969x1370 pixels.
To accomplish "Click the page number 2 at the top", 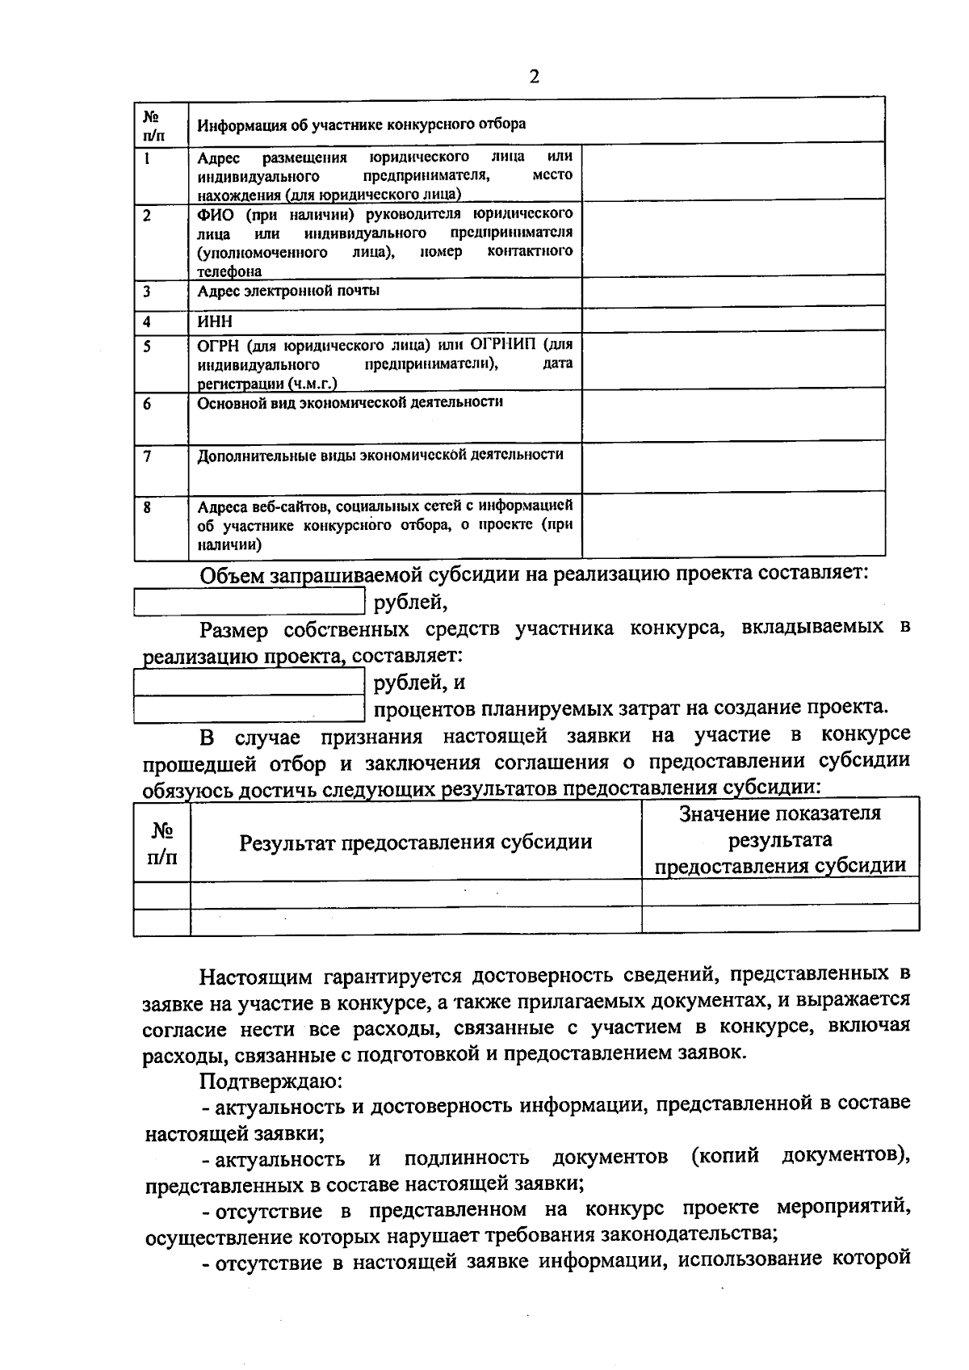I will pos(533,77).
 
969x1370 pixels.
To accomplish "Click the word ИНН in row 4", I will pos(215,321).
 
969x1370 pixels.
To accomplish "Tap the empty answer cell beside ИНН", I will pos(732,320).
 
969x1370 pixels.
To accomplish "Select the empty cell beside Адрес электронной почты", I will pos(732,292).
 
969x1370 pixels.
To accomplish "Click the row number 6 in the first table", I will pos(148,404).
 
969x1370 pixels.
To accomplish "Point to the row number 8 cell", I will pos(148,508).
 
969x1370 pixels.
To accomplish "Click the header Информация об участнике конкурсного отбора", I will pos(362,124).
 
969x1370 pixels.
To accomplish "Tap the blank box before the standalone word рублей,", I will pos(249,602).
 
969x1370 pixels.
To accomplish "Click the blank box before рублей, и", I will pos(249,683).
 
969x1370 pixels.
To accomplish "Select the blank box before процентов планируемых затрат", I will pos(249,708).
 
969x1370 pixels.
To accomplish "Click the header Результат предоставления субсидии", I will pos(415,843).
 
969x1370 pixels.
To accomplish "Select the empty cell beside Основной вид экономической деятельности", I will pos(732,414).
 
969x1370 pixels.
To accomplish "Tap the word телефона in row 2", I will pos(230,272).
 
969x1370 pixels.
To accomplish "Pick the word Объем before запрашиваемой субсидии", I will pos(233,575).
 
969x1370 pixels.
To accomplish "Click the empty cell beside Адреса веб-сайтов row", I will pos(732,526).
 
